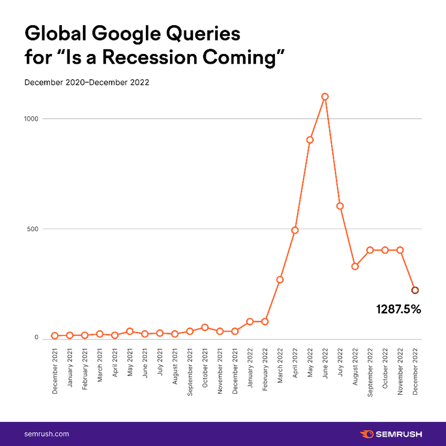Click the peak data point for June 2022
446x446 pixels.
(325, 97)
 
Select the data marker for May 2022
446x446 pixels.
(310, 140)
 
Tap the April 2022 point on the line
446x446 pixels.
(295, 230)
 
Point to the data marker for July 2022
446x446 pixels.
(340, 206)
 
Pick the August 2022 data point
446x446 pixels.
(355, 266)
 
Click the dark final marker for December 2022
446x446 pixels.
(415, 290)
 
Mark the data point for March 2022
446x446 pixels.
(280, 280)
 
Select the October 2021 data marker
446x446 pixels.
(204, 327)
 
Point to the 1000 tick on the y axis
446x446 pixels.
(32, 119)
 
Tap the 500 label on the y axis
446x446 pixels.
(33, 229)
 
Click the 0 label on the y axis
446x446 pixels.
(36, 337)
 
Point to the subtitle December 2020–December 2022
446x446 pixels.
(87, 83)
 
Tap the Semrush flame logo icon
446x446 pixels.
(367, 434)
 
